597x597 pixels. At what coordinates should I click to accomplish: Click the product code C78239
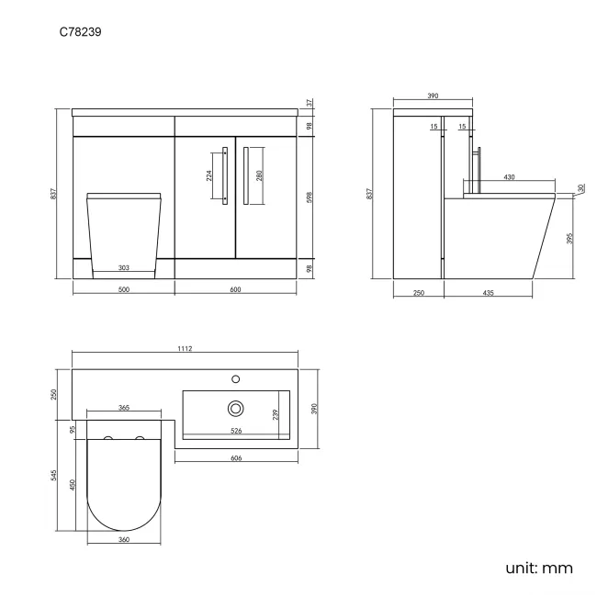pos(81,30)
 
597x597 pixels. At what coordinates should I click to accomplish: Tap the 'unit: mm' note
pos(539,568)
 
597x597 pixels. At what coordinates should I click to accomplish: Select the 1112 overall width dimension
pos(186,348)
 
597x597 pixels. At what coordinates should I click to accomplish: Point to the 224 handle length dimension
pos(208,176)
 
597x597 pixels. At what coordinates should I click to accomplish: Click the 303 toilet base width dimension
pos(124,268)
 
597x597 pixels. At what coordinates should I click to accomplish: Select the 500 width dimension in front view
pos(124,290)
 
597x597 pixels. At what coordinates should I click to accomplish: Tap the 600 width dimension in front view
pos(235,290)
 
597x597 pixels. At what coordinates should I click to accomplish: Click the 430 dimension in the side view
pos(508,177)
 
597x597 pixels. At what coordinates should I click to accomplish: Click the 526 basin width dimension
pos(235,431)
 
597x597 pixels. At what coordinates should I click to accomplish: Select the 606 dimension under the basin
pos(235,456)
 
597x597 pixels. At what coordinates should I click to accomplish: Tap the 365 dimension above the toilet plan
pos(123,408)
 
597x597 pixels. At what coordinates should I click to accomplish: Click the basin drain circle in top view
pos(236,407)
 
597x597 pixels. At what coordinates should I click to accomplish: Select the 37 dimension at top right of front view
pos(310,104)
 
